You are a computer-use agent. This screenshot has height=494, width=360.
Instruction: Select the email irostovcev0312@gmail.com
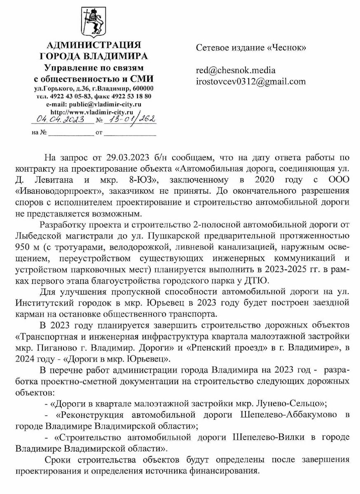251,81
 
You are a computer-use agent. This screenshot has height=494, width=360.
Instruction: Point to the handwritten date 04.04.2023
60,120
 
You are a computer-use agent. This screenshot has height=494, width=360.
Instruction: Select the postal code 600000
142,89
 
